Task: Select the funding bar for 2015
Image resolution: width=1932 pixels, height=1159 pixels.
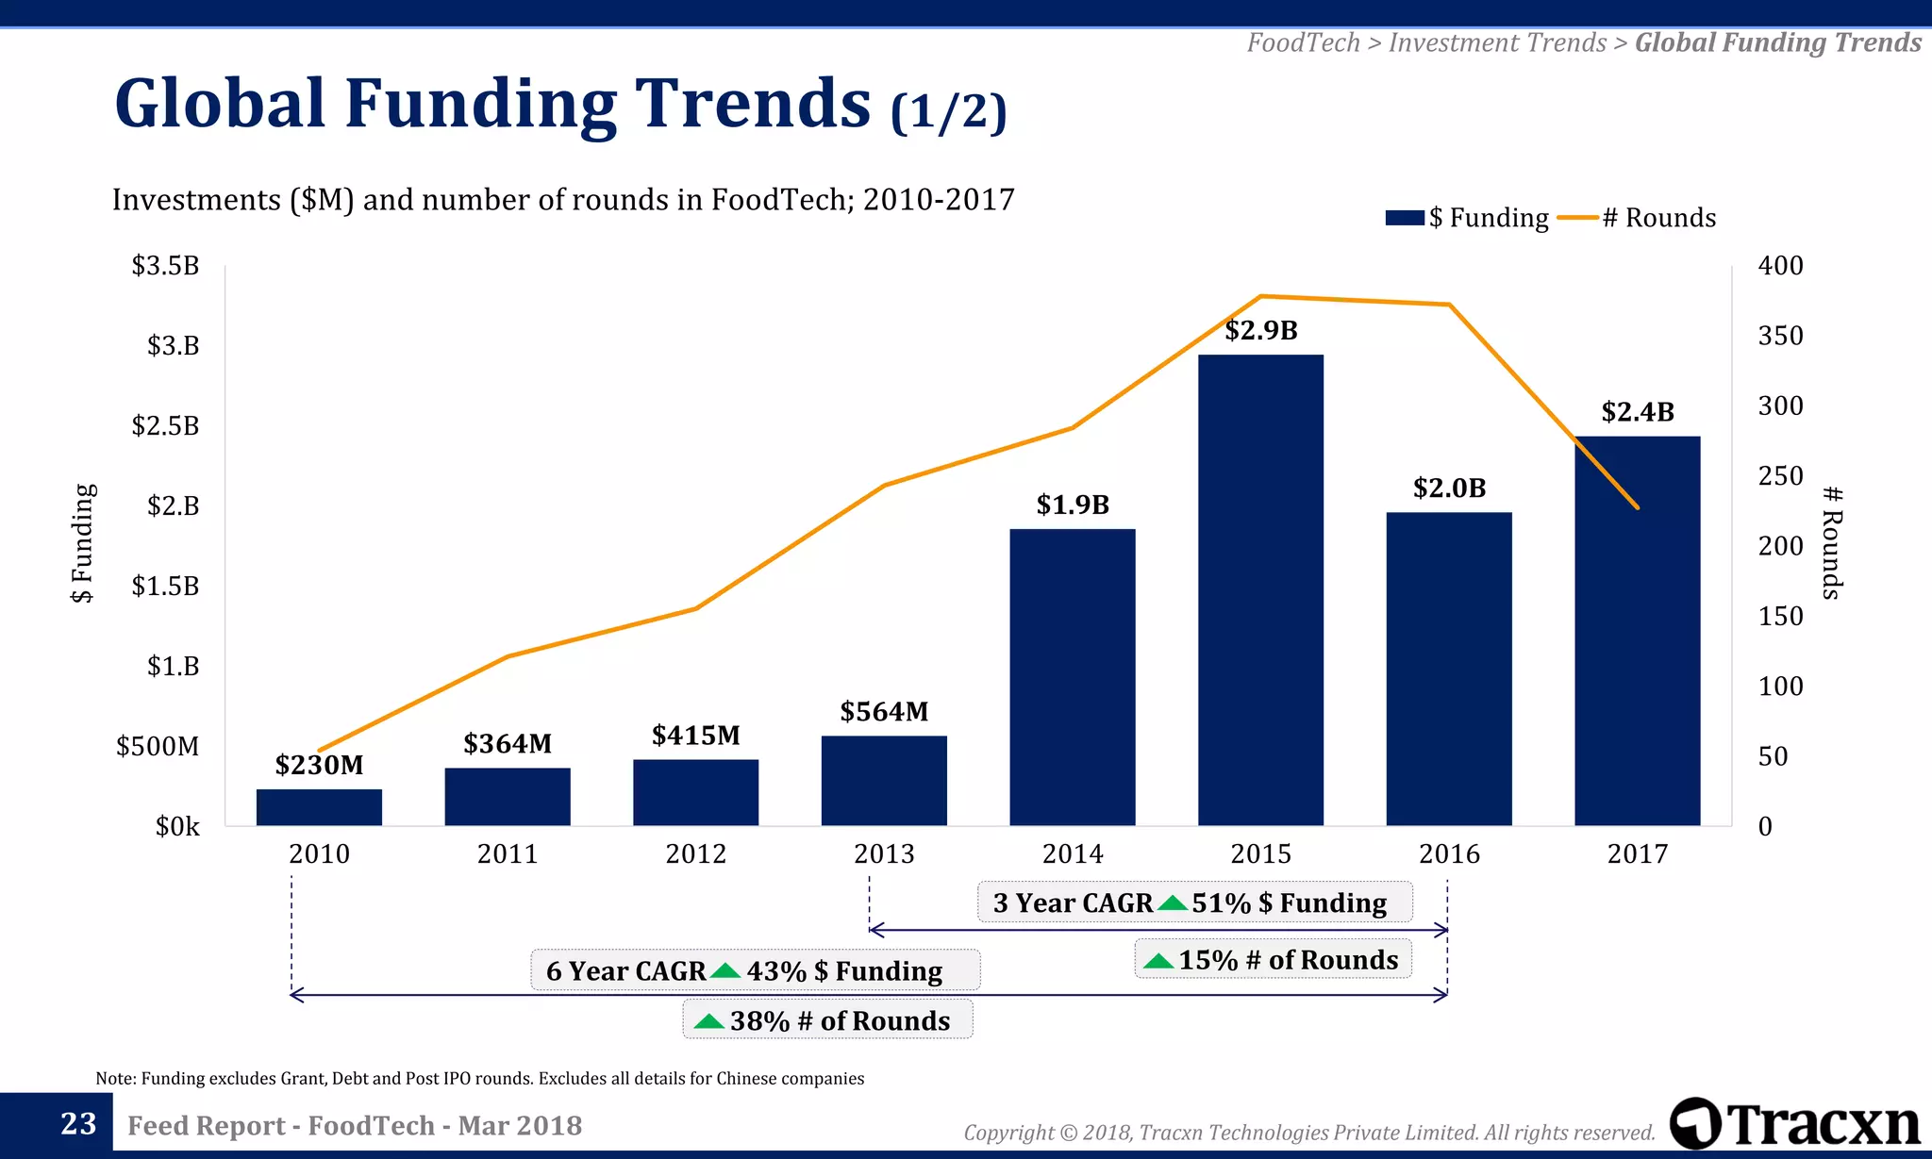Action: point(1260,589)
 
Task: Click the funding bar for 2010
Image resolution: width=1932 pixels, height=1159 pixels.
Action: point(319,807)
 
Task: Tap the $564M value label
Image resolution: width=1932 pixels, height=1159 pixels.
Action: point(884,711)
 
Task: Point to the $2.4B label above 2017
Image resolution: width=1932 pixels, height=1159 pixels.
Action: point(1638,412)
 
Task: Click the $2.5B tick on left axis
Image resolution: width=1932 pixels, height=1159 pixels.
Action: point(166,425)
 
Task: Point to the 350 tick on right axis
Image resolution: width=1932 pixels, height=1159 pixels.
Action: point(1780,336)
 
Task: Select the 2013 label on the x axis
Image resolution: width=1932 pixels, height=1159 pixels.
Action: point(884,853)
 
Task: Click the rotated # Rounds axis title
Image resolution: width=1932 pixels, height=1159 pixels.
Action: point(1832,543)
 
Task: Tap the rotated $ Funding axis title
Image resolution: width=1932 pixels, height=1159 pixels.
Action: point(83,543)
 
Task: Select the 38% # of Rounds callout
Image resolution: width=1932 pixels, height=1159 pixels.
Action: point(827,1020)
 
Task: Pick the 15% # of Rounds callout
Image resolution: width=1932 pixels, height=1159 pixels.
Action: point(1273,960)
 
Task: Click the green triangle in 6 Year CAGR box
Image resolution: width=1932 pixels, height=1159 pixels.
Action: point(725,970)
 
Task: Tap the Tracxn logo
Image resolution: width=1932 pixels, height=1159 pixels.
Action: point(1794,1124)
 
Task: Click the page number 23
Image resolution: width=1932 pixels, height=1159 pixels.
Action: point(78,1124)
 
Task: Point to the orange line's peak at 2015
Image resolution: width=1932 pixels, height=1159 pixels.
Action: point(1261,296)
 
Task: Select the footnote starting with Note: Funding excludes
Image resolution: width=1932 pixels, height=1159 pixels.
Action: point(479,1078)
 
